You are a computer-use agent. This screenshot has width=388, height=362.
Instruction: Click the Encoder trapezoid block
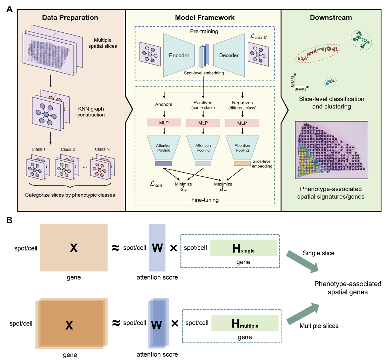(179, 55)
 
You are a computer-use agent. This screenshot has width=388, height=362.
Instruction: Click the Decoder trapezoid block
(229, 55)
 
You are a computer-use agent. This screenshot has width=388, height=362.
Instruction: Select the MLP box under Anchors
(164, 123)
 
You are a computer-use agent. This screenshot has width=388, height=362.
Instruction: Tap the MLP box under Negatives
(242, 123)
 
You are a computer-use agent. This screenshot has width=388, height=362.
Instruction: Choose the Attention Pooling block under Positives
(203, 148)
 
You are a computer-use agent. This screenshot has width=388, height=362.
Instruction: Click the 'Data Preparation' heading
(70, 17)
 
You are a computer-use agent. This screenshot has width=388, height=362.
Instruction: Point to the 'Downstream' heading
(331, 17)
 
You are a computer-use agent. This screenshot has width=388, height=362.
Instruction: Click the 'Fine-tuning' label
(205, 200)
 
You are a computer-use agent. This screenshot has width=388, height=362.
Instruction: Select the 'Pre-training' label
(204, 31)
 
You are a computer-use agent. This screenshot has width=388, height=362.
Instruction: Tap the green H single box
(243, 248)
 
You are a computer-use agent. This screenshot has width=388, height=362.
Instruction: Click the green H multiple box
(245, 323)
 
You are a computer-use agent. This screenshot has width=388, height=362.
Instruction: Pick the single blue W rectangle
(157, 247)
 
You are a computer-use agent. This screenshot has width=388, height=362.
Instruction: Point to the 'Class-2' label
(68, 149)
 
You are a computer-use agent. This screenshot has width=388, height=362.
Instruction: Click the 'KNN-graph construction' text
(91, 112)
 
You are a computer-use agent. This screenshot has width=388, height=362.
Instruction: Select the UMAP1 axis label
(300, 90)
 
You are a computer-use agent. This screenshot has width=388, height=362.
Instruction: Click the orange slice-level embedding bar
(242, 164)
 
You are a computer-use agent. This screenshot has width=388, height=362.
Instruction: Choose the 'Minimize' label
(183, 184)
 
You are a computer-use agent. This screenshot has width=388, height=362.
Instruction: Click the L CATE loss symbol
(258, 36)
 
